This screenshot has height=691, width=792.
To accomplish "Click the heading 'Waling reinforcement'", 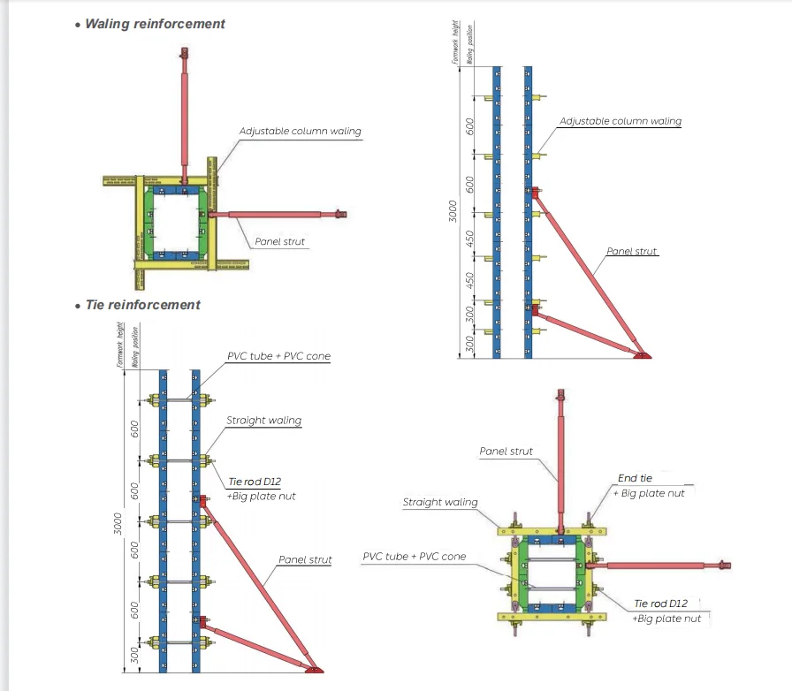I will [x=155, y=24].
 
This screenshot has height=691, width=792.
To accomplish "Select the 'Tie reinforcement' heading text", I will [x=142, y=305].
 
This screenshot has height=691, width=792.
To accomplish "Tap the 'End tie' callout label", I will [x=635, y=478].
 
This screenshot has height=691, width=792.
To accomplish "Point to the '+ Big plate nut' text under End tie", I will [x=649, y=493].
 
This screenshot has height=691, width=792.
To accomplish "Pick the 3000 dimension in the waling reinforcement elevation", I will [x=453, y=212].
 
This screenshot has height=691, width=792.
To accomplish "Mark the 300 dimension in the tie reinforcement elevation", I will [x=135, y=655].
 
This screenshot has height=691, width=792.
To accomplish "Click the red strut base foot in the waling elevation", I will [x=641, y=354].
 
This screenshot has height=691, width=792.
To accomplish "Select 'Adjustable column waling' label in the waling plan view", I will [x=300, y=132].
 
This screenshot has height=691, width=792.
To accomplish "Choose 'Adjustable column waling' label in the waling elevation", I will [x=621, y=121].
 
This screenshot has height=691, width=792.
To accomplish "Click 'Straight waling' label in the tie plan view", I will [x=439, y=503].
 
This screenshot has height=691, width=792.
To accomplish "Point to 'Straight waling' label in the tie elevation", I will [x=263, y=421].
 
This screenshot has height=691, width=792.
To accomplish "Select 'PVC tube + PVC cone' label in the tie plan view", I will [x=414, y=557].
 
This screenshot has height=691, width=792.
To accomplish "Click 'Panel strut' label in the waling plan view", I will [x=281, y=241].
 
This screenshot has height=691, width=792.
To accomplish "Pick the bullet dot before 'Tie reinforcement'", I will [x=78, y=306].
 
